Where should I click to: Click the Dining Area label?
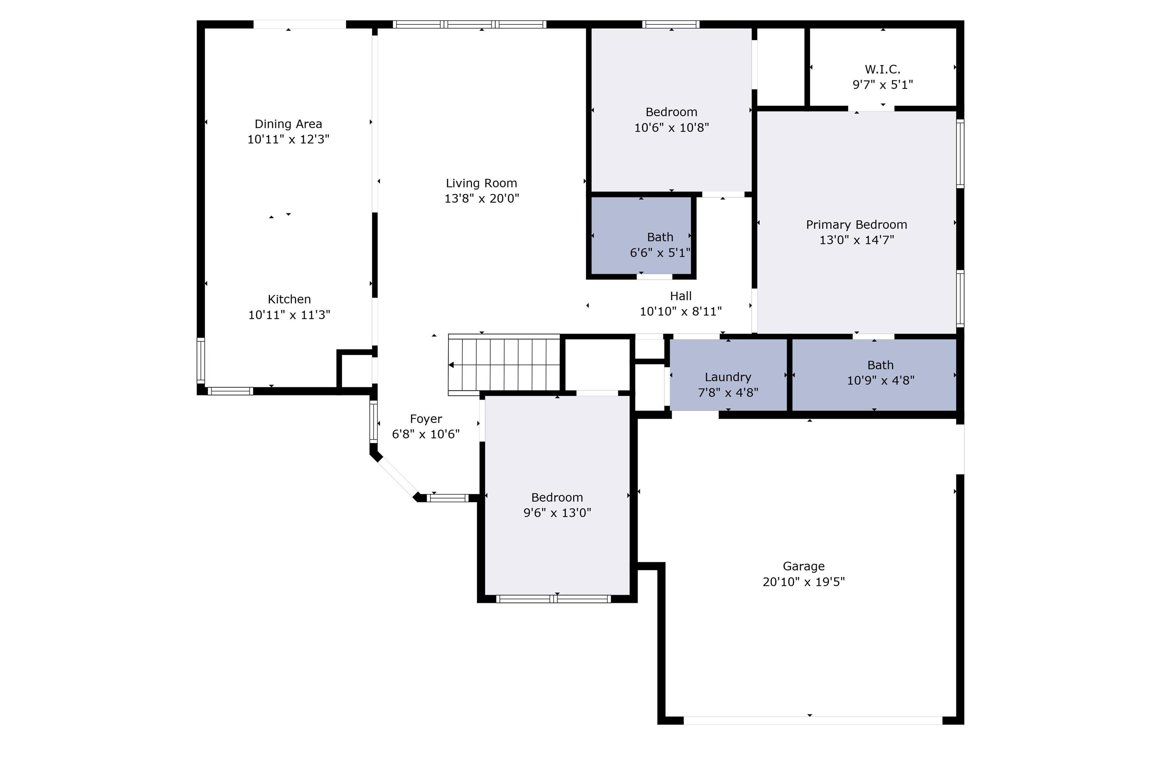pos(288,124)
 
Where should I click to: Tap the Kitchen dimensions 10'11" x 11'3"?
pos(289,315)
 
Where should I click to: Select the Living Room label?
pos(481,183)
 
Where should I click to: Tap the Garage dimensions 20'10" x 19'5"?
pos(803,582)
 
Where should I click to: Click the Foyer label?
pos(426,419)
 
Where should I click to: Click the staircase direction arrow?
pos(451,365)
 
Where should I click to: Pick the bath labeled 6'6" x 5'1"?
pos(659,237)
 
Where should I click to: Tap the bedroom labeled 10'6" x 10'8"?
pos(671,112)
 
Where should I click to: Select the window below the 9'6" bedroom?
pos(553,599)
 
